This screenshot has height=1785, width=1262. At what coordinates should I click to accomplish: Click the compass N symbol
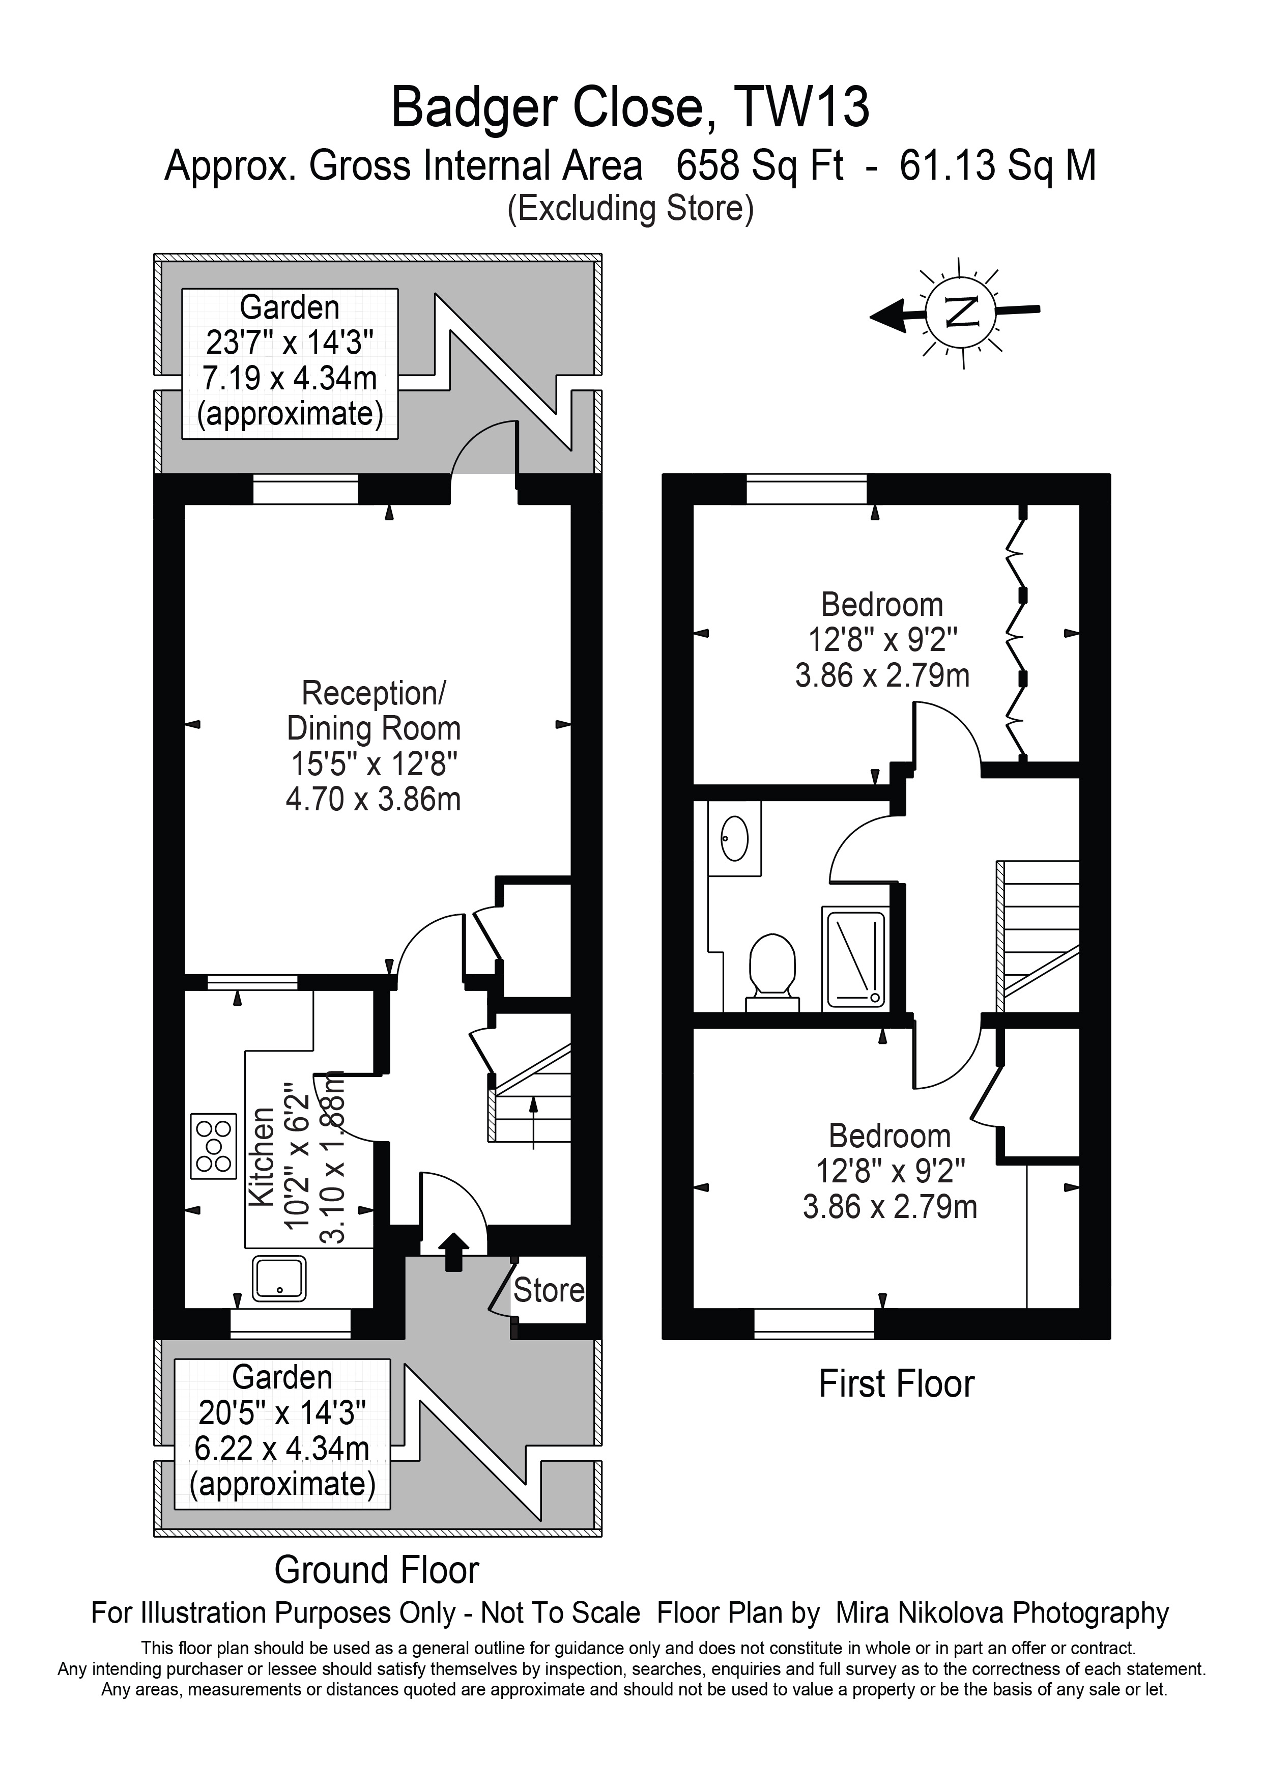tap(962, 312)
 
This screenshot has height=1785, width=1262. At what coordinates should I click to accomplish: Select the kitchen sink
tap(279, 1278)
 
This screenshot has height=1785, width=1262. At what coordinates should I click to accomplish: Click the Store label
tap(549, 1291)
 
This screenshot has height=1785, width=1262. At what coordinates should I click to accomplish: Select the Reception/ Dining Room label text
tap(374, 711)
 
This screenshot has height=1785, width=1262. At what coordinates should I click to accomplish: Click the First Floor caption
tap(897, 1384)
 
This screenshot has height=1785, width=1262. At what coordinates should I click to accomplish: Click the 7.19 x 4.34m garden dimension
tap(290, 379)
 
